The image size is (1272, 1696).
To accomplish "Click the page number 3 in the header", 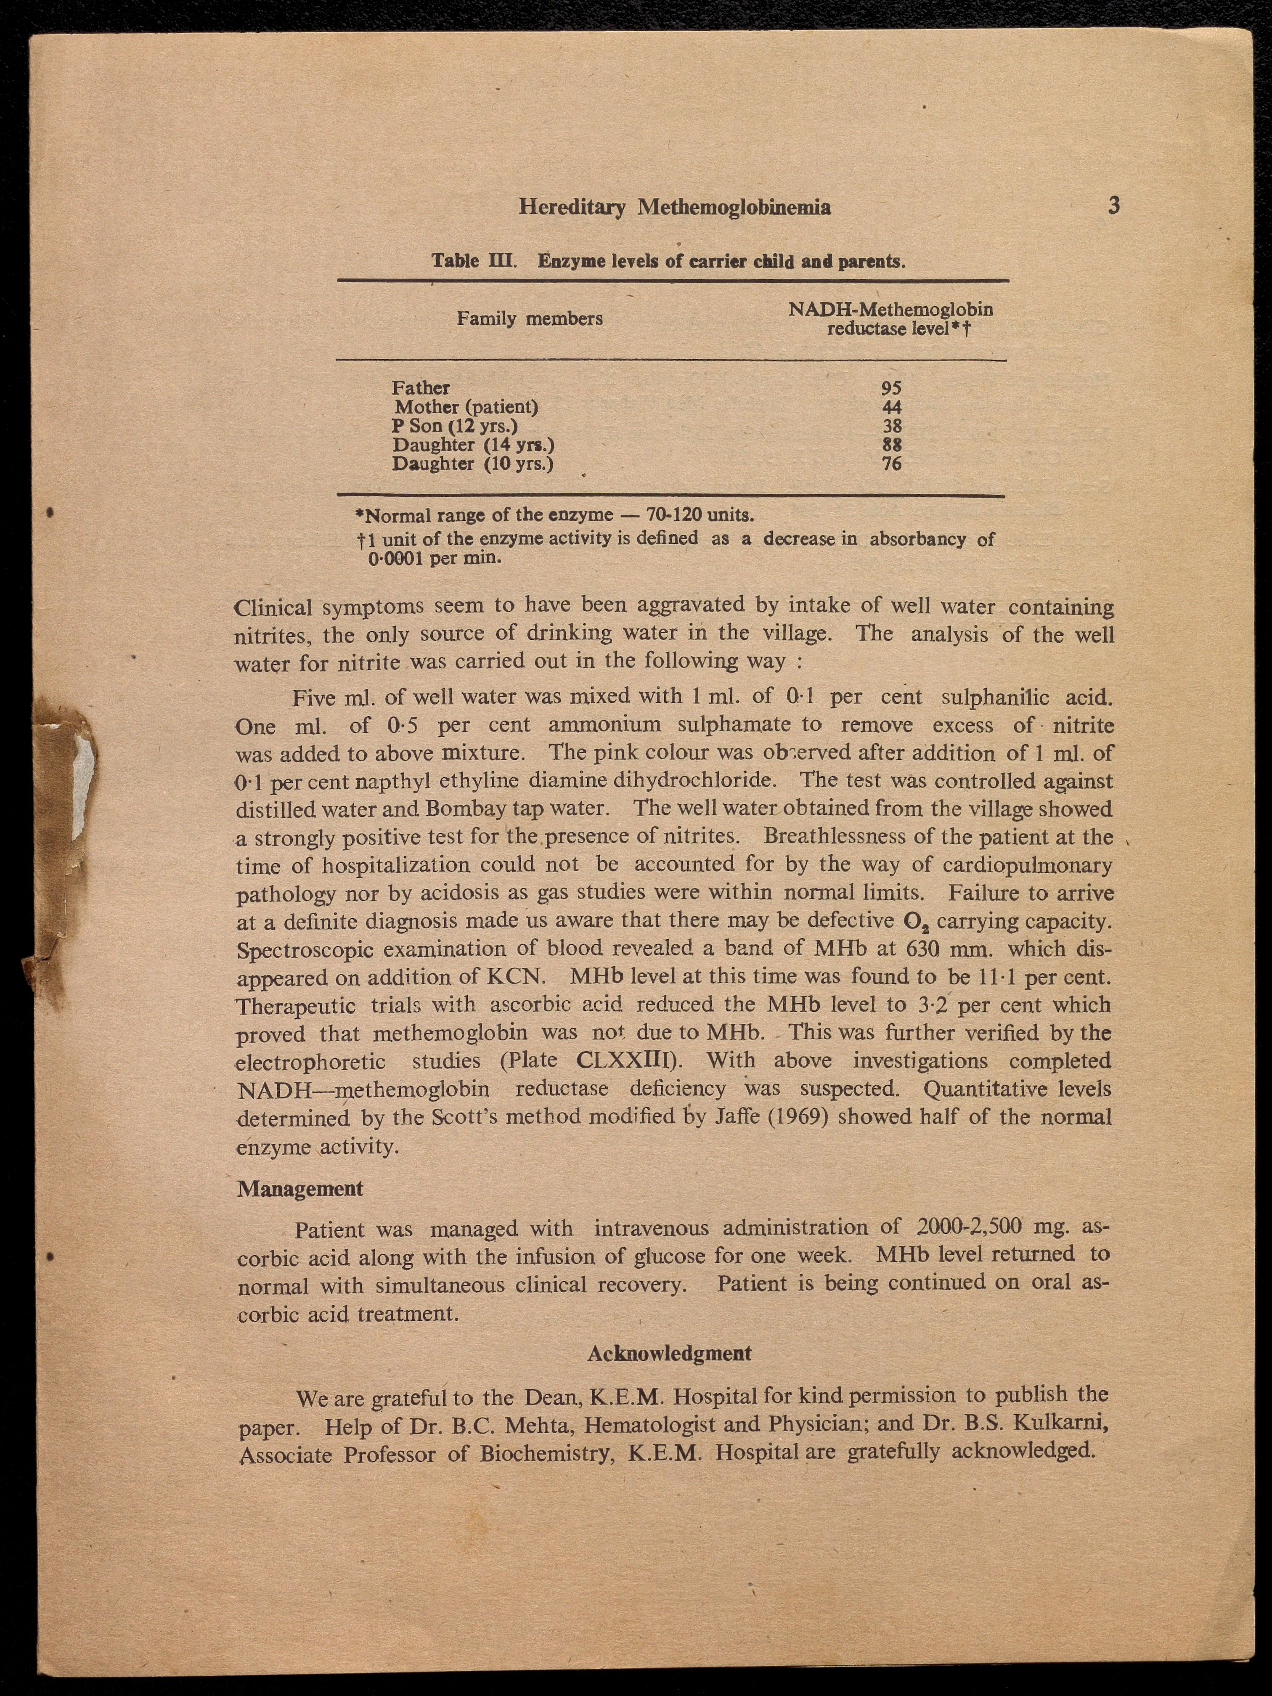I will click(1114, 206).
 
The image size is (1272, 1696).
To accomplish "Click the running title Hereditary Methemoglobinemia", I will click(675, 207).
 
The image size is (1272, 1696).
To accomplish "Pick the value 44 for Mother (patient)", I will click(892, 407).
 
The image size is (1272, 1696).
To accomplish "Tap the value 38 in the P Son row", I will click(892, 426).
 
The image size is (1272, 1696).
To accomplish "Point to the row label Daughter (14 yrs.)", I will click(473, 445).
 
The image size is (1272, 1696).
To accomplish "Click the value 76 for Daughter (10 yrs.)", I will click(892, 464).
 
